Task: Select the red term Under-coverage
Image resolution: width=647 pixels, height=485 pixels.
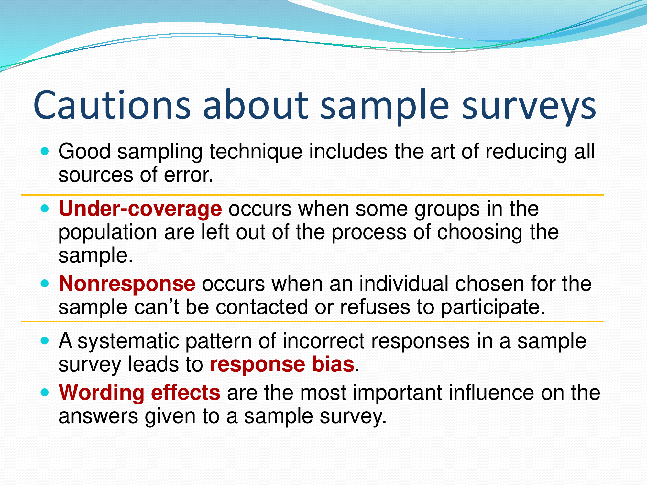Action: pyautogui.click(x=140, y=209)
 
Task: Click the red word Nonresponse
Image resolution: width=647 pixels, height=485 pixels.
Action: pyautogui.click(x=127, y=284)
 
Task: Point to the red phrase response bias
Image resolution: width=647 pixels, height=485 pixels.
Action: pyautogui.click(x=282, y=364)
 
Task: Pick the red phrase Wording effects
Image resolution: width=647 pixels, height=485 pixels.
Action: pyautogui.click(x=139, y=393)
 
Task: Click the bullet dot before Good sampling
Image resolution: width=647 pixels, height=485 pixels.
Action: pyautogui.click(x=45, y=151)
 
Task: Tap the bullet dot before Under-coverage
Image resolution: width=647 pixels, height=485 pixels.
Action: pyautogui.click(x=45, y=208)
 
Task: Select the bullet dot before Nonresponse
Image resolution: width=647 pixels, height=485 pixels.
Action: pyautogui.click(x=45, y=283)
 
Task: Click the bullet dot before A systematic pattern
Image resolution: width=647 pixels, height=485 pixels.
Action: pyautogui.click(x=45, y=340)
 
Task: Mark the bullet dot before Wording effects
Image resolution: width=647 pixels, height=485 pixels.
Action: pyautogui.click(x=45, y=392)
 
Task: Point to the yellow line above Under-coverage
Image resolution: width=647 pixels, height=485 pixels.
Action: pyautogui.click(x=313, y=195)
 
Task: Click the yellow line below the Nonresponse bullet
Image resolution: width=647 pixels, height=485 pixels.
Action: pyautogui.click(x=313, y=322)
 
